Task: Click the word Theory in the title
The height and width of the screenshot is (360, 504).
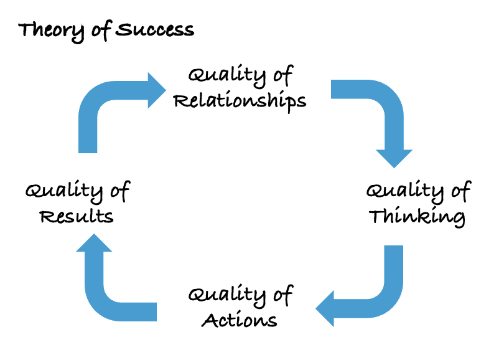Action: point(47,31)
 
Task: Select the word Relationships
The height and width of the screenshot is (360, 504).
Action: point(240,100)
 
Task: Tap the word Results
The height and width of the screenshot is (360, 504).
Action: point(77,217)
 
